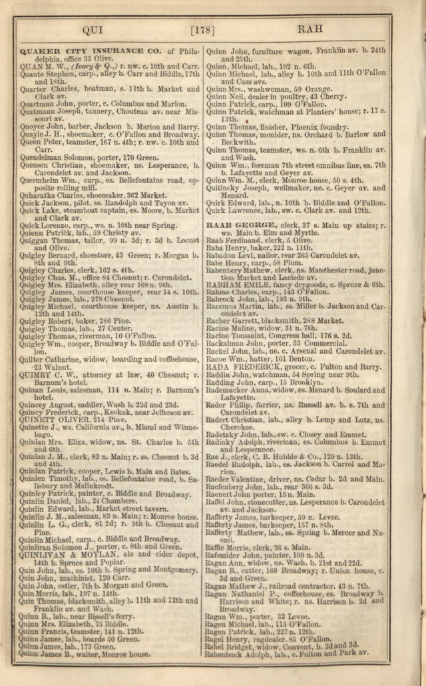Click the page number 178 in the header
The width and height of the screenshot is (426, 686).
[x=202, y=29]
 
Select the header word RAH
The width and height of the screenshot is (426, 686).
[x=310, y=29]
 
